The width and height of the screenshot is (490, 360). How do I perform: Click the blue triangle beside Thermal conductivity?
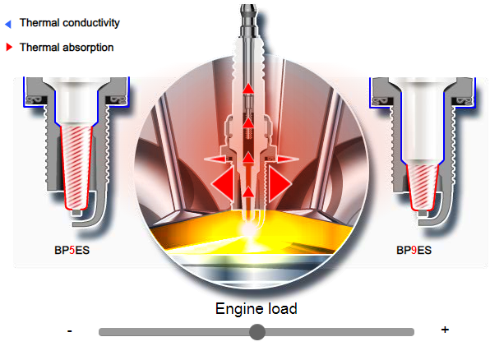pos(8,24)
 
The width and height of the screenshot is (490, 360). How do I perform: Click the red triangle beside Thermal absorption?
pos(9,47)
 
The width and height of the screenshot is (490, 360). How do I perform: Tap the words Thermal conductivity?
pos(70,23)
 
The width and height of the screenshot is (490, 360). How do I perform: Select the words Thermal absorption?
pos(67,48)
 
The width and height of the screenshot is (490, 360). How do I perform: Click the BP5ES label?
pos(72,251)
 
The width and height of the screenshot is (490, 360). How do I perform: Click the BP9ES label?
pos(414,251)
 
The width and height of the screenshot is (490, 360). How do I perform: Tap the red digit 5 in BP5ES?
pos(72,251)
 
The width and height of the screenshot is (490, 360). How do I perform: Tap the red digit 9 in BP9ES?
pos(414,251)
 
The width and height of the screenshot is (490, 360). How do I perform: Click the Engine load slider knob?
pos(257,332)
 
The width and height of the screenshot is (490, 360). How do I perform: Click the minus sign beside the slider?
pos(70,330)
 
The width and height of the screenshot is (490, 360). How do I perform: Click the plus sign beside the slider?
pos(445,330)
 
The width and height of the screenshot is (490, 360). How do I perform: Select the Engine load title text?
pos(257,309)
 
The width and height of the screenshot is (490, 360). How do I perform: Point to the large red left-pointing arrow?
pos(223,182)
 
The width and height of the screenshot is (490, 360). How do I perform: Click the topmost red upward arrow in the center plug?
pos(248,89)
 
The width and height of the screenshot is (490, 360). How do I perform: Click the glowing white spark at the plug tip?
pos(249,230)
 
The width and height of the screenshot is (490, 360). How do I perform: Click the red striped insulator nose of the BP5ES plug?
pos(76,167)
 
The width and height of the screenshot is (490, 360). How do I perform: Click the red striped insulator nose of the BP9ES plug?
pos(423,187)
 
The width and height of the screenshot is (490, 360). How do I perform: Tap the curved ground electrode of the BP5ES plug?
pos(94,213)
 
